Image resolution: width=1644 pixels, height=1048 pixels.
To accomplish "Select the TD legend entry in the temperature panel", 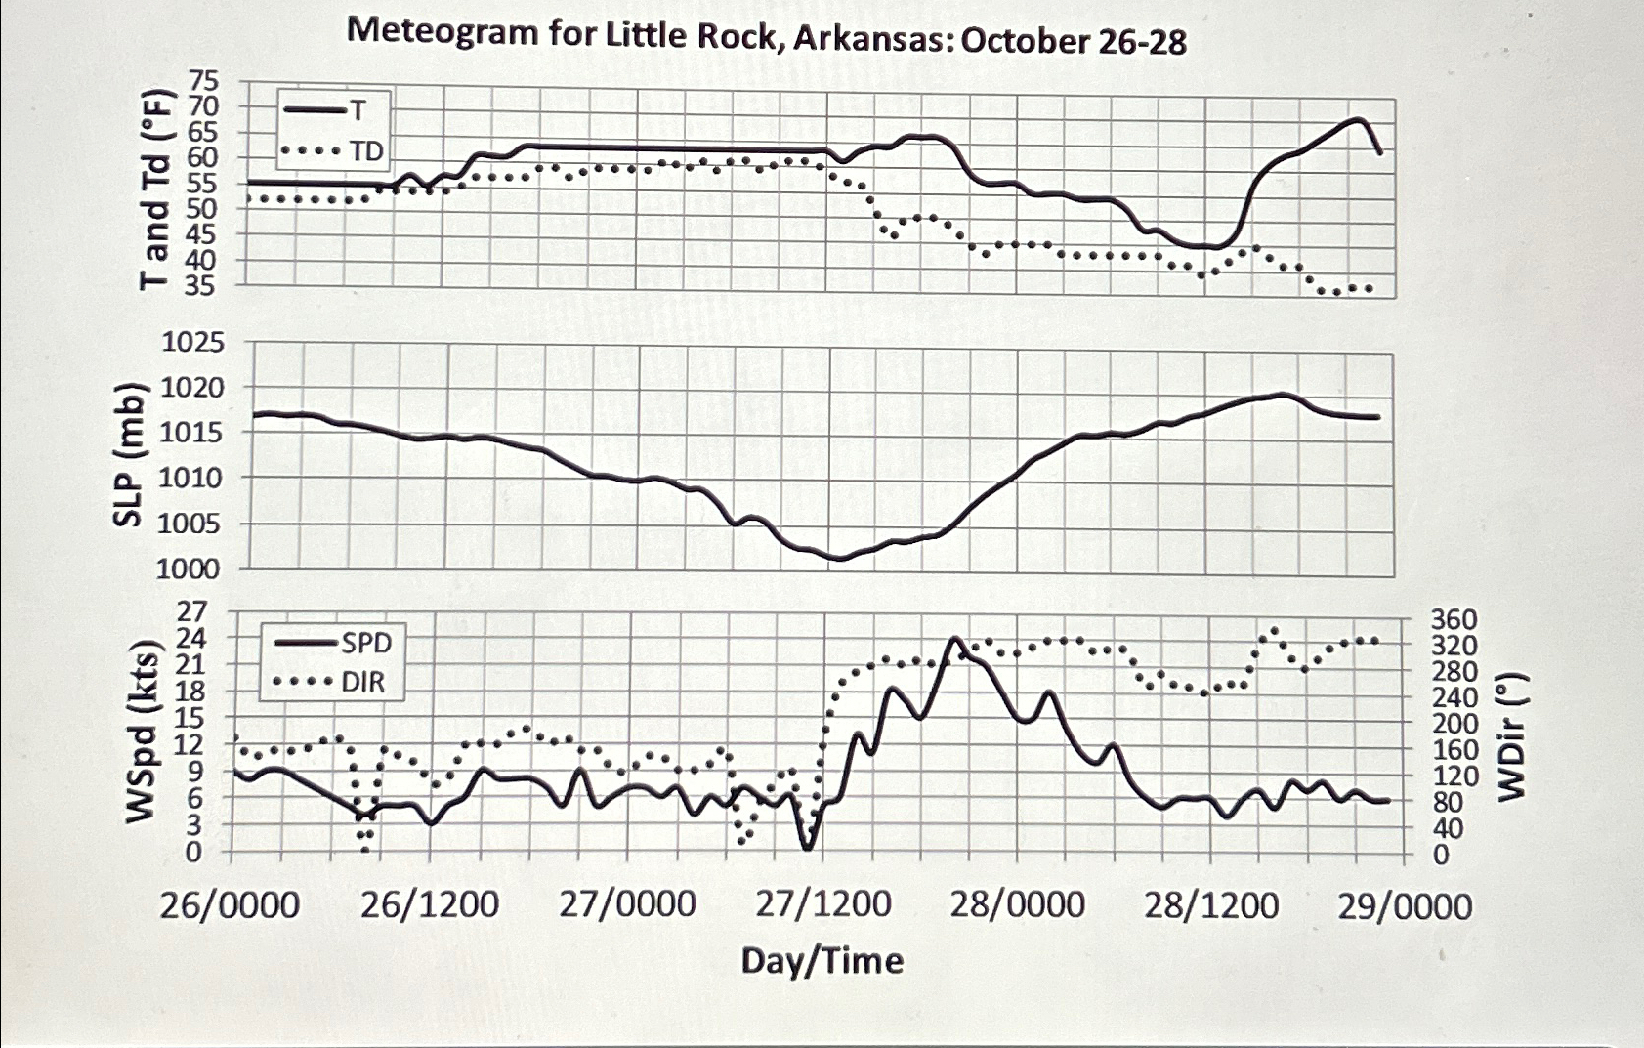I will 367,151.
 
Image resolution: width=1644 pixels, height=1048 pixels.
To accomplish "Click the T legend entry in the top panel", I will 358,110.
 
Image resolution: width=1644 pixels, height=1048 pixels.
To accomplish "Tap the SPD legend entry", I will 366,643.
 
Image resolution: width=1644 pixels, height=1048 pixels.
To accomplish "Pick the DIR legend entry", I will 363,682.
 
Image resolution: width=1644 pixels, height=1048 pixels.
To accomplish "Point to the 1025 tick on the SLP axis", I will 192,343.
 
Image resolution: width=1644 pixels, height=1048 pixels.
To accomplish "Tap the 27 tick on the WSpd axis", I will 190,612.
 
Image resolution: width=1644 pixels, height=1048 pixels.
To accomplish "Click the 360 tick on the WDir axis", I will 1454,620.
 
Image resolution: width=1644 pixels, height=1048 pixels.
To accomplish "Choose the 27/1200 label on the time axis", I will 823,905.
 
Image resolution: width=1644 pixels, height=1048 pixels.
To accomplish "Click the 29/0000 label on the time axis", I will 1405,907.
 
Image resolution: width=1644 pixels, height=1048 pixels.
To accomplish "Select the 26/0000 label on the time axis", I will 231,905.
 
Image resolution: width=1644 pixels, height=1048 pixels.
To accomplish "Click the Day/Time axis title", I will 822,961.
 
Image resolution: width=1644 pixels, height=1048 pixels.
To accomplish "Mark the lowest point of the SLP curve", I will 837,559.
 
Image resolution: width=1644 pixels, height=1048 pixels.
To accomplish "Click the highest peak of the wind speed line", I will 953,639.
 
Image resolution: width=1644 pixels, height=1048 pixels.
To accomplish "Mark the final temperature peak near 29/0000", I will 1358,119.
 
